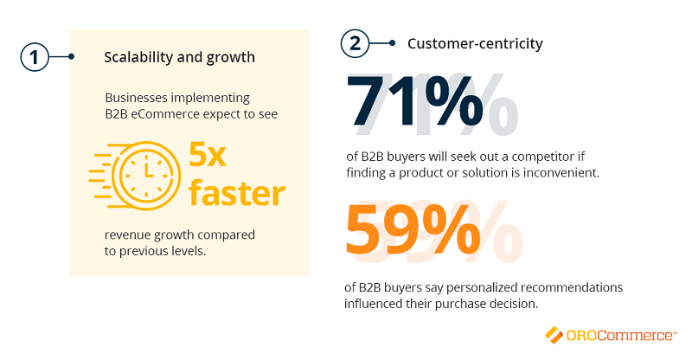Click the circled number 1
pos(35,57)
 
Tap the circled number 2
pos(355,43)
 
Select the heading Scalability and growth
pos(180,57)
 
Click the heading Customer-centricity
pos(475,44)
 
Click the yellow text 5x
pos(208,155)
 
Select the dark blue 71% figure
pos(414,101)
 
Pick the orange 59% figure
pos(413,229)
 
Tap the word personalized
pos(482,287)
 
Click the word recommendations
pos(572,287)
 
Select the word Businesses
pos(137,97)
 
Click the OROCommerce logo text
pos(620,335)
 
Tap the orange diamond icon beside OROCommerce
pos(554,334)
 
